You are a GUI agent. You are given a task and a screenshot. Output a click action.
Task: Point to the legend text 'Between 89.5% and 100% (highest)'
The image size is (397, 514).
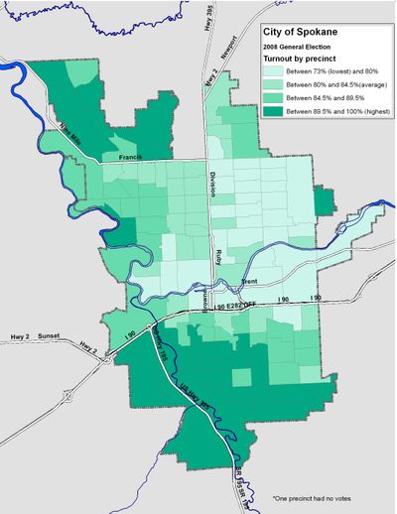point(332,113)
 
